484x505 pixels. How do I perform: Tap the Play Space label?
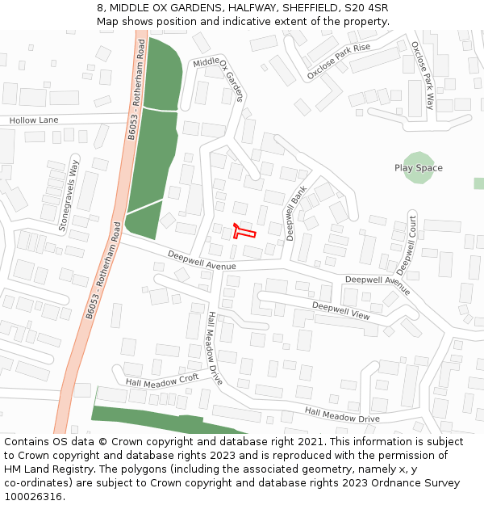click(x=418, y=168)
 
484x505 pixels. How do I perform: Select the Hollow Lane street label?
click(x=34, y=120)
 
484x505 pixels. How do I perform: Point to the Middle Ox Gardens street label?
click(x=218, y=79)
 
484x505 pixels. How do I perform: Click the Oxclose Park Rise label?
click(x=338, y=62)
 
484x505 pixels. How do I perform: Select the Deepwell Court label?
click(x=406, y=243)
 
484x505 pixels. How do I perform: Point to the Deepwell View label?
click(x=340, y=310)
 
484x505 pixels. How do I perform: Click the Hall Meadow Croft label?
click(x=161, y=379)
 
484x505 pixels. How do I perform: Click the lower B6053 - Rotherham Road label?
click(x=102, y=276)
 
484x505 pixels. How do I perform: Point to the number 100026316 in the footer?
click(x=34, y=496)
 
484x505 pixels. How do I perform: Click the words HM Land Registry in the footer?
click(x=42, y=469)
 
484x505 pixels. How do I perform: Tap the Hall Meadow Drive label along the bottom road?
click(x=342, y=415)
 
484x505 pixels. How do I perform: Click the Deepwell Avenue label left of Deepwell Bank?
click(x=202, y=260)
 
